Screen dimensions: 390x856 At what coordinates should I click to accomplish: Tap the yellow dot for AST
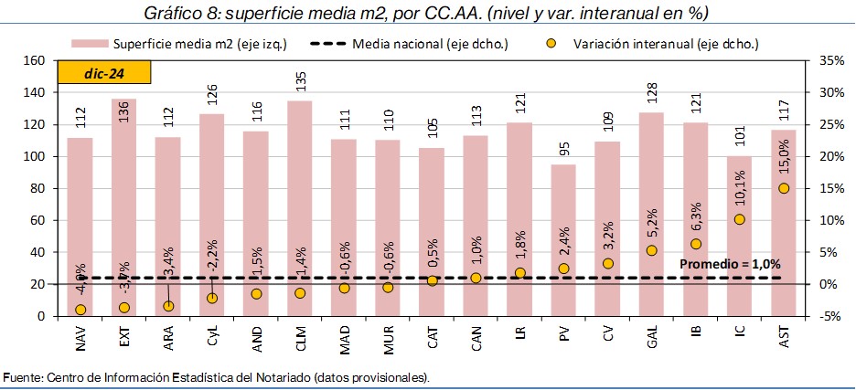click(x=784, y=188)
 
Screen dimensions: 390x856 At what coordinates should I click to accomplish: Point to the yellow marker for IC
click(x=740, y=219)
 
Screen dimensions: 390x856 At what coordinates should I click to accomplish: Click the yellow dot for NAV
click(x=80, y=310)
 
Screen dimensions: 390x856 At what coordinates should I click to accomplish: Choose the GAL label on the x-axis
click(x=652, y=341)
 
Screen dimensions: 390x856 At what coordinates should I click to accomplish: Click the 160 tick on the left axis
click(x=34, y=60)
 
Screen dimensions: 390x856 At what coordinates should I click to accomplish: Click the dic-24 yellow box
click(x=104, y=73)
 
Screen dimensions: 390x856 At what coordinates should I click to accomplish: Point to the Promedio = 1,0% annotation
click(x=730, y=264)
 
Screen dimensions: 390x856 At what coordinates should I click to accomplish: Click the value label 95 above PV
click(x=564, y=151)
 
